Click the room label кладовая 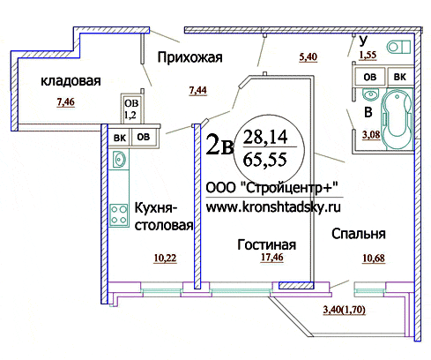click(x=71, y=81)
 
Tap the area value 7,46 click(x=66, y=102)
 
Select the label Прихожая click(x=189, y=57)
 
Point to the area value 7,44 click(x=198, y=90)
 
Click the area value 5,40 click(x=308, y=56)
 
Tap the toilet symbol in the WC click(x=398, y=47)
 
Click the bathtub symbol click(x=397, y=119)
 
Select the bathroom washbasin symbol click(x=370, y=94)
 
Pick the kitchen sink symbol click(x=119, y=159)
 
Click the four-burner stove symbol click(x=119, y=214)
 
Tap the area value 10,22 click(x=165, y=259)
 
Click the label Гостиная click(x=266, y=244)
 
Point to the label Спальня click(x=359, y=234)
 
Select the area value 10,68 click(x=374, y=259)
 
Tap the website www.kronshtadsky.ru click(x=273, y=207)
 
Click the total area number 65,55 click(x=265, y=160)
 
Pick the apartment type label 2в click(x=219, y=144)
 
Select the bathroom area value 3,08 click(x=371, y=135)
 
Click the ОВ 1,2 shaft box click(x=131, y=109)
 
